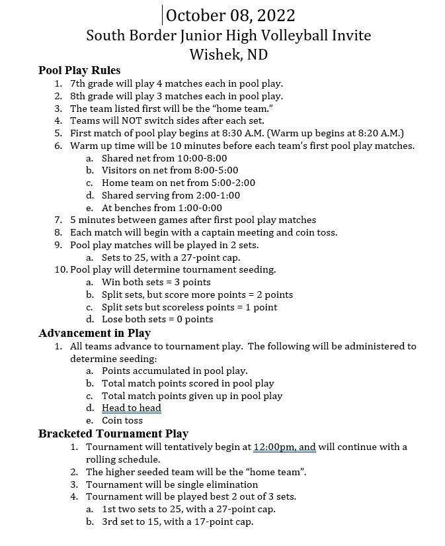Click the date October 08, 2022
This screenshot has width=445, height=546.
click(x=230, y=15)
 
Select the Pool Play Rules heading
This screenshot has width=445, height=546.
click(x=79, y=70)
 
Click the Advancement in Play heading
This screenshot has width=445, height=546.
click(x=95, y=333)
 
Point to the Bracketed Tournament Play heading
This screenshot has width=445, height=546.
click(x=113, y=433)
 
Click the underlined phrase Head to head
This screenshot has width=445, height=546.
click(x=132, y=408)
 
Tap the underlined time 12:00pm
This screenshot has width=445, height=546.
click(x=275, y=447)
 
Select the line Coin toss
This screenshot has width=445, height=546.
click(x=122, y=420)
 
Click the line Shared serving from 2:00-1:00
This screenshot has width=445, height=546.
click(x=171, y=195)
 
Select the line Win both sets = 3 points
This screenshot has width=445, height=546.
click(x=156, y=282)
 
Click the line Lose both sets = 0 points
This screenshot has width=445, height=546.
click(x=157, y=319)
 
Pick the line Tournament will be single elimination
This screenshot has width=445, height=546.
click(x=172, y=484)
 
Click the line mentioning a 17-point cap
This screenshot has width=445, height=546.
click(x=177, y=522)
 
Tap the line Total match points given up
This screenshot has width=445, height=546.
click(x=192, y=396)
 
